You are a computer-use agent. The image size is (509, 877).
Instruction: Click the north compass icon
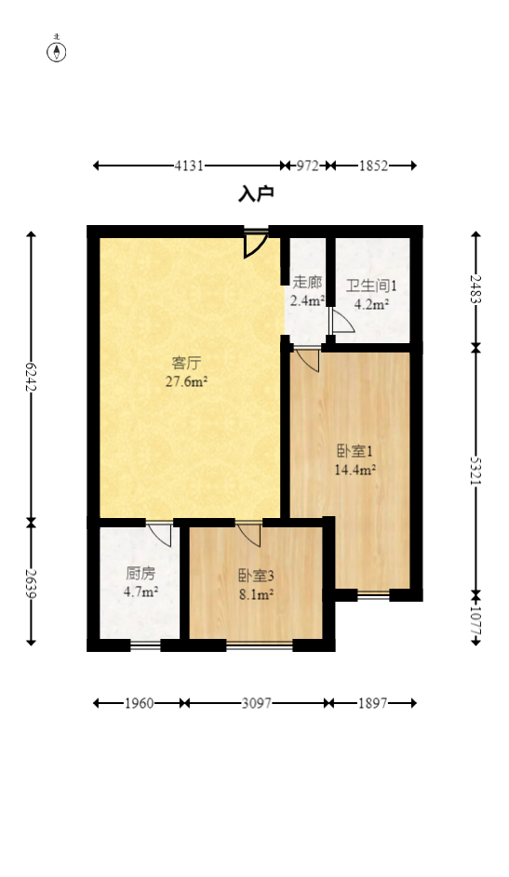(57, 50)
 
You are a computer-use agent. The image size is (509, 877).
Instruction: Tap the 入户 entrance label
(256, 193)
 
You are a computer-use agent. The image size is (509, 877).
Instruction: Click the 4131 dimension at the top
(189, 166)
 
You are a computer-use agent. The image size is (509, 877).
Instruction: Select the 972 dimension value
(308, 166)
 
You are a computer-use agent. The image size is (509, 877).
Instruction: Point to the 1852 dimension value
(373, 166)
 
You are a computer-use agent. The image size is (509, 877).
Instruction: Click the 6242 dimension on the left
(32, 376)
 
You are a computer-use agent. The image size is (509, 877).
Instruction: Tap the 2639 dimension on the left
(32, 584)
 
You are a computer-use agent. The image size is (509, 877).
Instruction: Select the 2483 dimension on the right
(476, 289)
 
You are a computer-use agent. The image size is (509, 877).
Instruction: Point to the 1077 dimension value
(476, 619)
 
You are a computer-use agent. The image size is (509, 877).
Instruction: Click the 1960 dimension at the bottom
(140, 703)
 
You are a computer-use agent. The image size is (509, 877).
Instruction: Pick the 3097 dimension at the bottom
(256, 703)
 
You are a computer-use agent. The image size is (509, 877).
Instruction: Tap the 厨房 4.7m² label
(141, 582)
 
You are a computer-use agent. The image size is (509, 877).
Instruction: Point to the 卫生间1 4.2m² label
(371, 294)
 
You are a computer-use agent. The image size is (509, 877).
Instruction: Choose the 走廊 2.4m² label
(307, 291)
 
